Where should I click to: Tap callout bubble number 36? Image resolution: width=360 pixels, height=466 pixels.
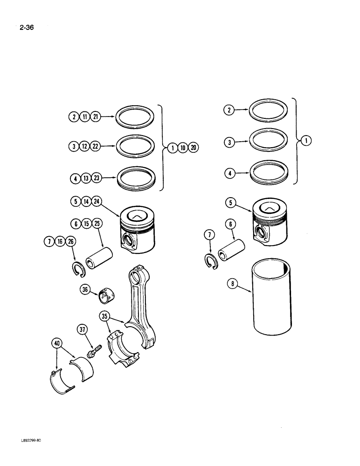(x=84, y=289)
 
